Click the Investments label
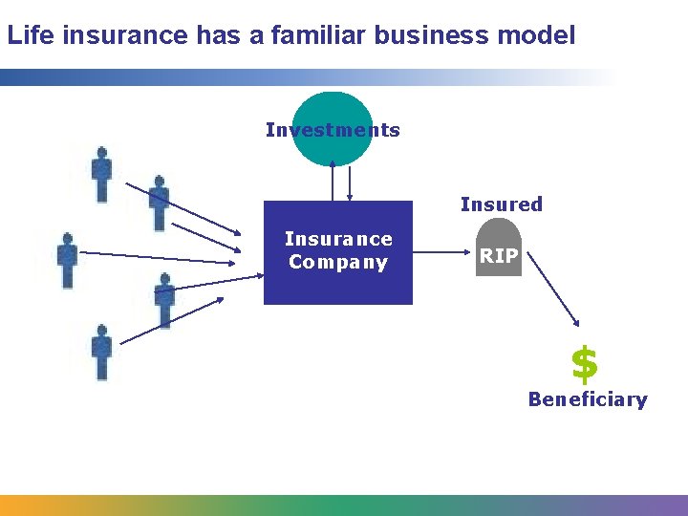(333, 130)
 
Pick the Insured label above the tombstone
(501, 204)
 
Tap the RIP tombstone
(499, 251)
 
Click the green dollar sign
(584, 364)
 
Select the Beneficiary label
(588, 399)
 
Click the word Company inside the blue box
(338, 262)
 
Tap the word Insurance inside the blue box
(338, 239)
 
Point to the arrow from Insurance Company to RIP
(444, 253)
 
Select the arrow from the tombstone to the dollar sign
(554, 291)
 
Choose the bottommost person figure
(101, 352)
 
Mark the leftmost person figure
(67, 259)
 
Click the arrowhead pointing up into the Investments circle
(333, 165)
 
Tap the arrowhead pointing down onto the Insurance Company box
(351, 197)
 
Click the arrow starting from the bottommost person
(172, 321)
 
